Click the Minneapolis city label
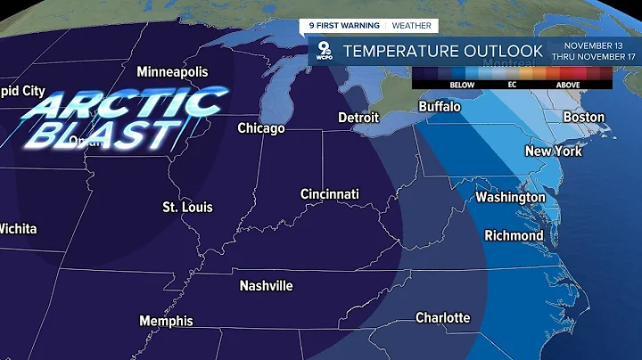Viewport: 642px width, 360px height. pyautogui.click(x=172, y=71)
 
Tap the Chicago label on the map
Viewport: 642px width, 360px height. pyautogui.click(x=261, y=128)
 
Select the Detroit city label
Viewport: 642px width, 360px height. pyautogui.click(x=358, y=118)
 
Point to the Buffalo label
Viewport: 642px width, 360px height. pyautogui.click(x=440, y=107)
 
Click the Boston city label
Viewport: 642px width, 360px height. pyautogui.click(x=584, y=118)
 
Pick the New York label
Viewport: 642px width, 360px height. pyautogui.click(x=554, y=151)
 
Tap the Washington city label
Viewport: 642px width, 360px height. pyautogui.click(x=510, y=197)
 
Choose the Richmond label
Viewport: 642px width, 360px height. pyautogui.click(x=514, y=236)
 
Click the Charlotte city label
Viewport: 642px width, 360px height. pyautogui.click(x=443, y=318)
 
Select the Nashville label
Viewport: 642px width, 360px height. pyautogui.click(x=267, y=286)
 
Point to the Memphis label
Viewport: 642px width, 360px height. pyautogui.click(x=166, y=321)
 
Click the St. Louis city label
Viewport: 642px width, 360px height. pyautogui.click(x=187, y=207)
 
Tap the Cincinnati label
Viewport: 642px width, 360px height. pyautogui.click(x=330, y=193)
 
